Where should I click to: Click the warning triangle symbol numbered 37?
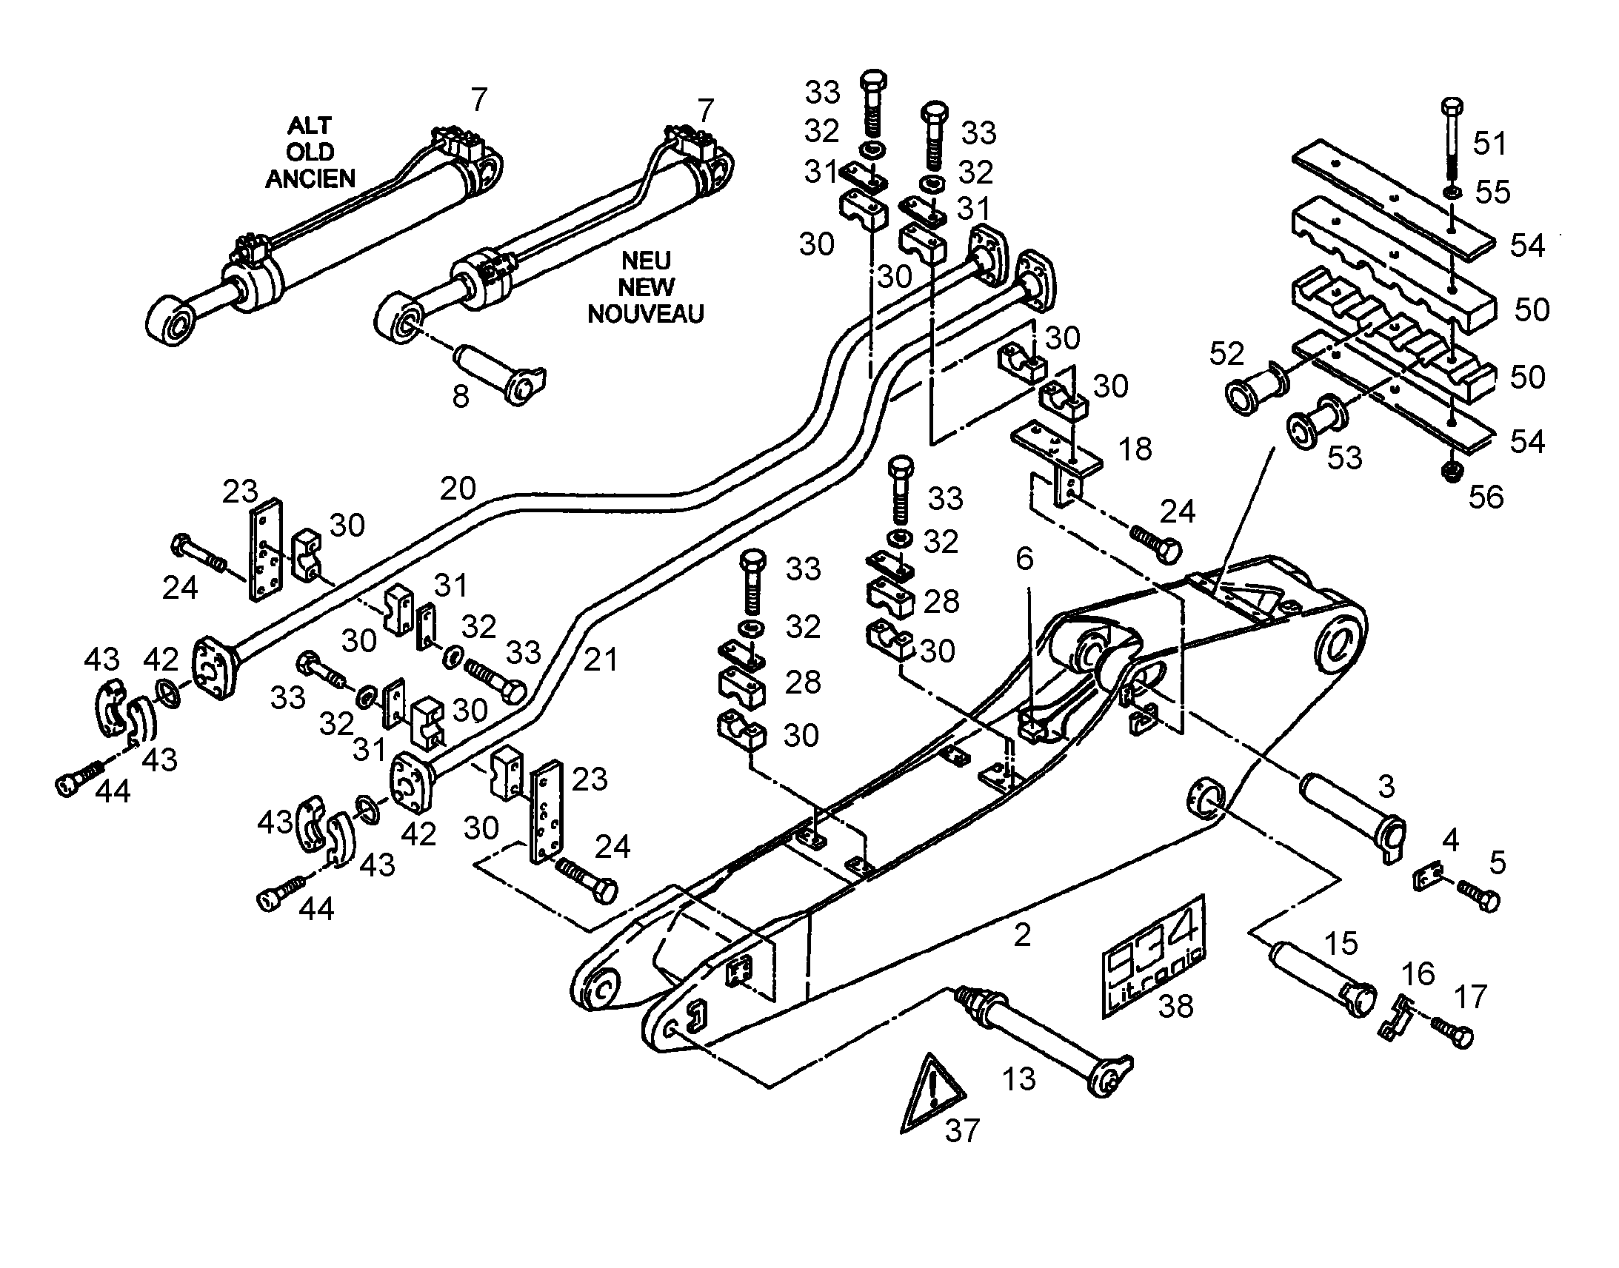pos(932,1094)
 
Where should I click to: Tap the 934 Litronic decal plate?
pos(1154,957)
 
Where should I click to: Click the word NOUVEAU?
pos(645,314)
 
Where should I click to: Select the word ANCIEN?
pos(310,178)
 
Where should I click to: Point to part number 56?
pos(1486,497)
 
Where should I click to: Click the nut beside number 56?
pos(1451,472)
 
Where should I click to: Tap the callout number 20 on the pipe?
pos(458,488)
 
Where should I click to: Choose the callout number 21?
pos(600,660)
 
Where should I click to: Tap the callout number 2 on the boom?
pos(1022,935)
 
